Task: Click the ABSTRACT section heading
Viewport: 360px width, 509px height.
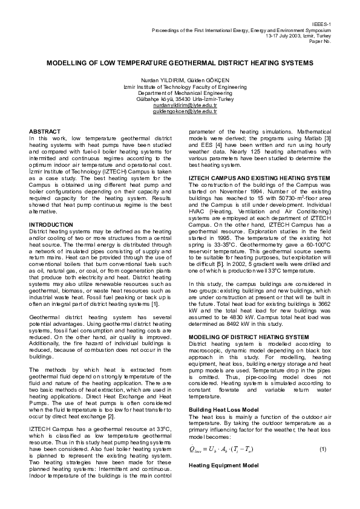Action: point(45,131)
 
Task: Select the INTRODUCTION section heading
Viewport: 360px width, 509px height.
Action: point(51,224)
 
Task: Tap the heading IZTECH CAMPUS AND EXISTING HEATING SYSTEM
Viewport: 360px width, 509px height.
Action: point(260,178)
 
